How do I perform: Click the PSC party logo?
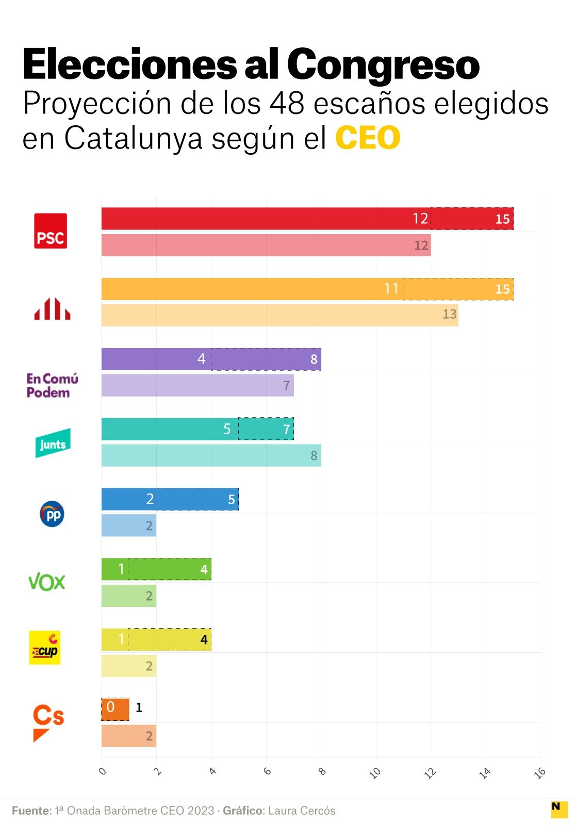(51, 231)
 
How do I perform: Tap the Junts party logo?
(53, 443)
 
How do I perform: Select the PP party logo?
(52, 514)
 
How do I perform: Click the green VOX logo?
(47, 582)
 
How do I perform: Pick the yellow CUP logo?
(45, 648)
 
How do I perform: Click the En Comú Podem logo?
(52, 386)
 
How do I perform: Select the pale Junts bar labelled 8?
(211, 456)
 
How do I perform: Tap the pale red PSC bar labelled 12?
(266, 245)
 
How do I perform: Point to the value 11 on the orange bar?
(391, 289)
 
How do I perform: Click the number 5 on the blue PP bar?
(232, 499)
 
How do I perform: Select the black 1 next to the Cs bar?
(139, 707)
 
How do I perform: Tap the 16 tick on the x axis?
(540, 772)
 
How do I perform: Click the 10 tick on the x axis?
(375, 772)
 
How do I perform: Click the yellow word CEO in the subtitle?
(368, 138)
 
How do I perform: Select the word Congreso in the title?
(383, 65)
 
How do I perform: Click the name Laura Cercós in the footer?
(302, 811)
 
